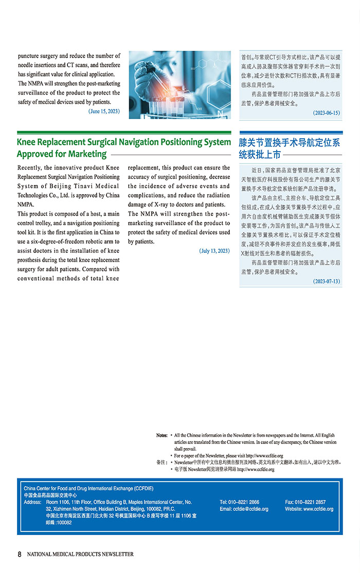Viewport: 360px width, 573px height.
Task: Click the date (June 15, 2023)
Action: [104, 111]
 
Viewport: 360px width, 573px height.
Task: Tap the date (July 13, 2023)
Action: [214, 251]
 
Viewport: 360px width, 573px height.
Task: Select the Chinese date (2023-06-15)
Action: [326, 113]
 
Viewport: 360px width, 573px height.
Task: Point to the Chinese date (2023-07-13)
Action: [326, 281]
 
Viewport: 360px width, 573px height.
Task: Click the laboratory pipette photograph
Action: [179, 85]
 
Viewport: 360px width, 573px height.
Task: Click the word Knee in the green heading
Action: [28, 142]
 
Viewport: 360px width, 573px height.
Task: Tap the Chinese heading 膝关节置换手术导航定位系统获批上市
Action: [289, 148]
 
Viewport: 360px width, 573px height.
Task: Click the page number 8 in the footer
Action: [20, 554]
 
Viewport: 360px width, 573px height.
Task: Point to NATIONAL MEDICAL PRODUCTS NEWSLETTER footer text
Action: [80, 554]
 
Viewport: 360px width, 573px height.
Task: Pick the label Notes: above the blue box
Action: [162, 436]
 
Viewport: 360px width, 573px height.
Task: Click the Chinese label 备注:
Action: [162, 463]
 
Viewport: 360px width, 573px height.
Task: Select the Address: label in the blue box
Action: [33, 502]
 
